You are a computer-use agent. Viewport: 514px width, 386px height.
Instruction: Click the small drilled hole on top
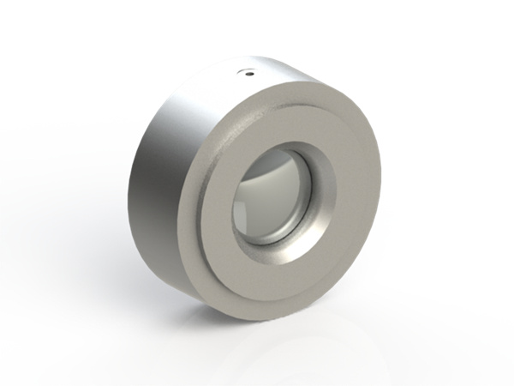(x=248, y=73)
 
